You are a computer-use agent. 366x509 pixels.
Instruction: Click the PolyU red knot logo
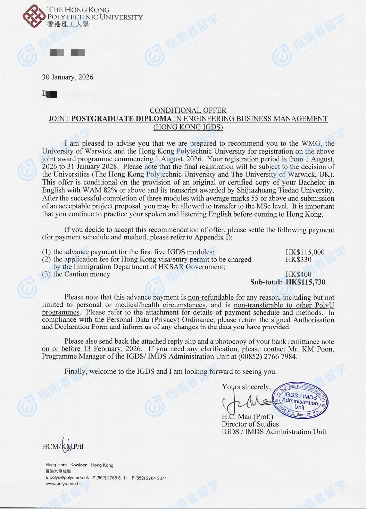click(x=34, y=16)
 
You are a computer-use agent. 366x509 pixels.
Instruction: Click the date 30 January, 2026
click(x=68, y=77)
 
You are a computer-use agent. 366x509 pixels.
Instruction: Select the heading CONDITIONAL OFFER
click(x=188, y=110)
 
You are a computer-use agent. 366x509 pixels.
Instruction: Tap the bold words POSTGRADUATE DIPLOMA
click(x=122, y=119)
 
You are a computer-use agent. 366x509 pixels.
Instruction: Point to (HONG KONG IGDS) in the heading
click(x=188, y=127)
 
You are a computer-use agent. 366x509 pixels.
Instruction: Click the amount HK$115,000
click(x=305, y=252)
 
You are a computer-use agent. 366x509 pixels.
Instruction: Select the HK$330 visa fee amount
click(x=298, y=259)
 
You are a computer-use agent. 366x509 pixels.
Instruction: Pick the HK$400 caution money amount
click(x=298, y=274)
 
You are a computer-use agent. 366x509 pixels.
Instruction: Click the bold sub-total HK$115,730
click(x=306, y=282)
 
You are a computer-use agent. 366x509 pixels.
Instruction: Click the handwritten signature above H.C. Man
click(x=247, y=402)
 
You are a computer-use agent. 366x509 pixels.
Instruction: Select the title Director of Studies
click(x=250, y=424)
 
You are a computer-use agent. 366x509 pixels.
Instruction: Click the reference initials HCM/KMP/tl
click(x=63, y=446)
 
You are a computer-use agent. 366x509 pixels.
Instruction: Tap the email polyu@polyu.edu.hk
click(x=69, y=478)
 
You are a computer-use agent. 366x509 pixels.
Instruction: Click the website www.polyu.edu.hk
click(x=64, y=484)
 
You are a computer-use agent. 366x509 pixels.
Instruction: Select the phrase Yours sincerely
click(x=246, y=387)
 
